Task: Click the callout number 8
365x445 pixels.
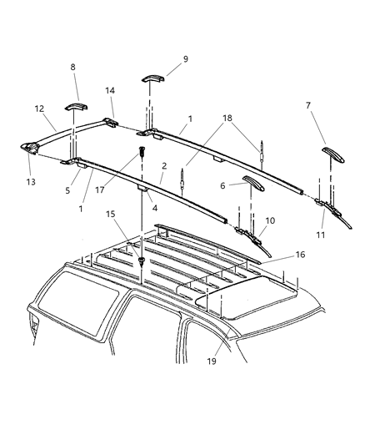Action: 72,68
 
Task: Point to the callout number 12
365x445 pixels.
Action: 40,109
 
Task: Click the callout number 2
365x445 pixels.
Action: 165,166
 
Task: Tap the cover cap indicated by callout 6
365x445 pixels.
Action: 252,182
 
